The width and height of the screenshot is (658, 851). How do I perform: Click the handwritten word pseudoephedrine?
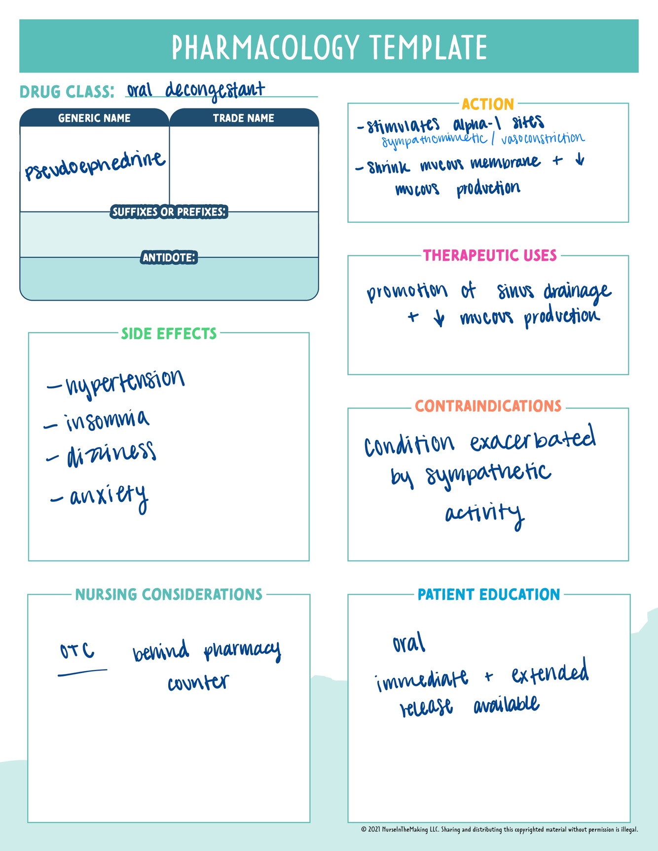pos(95,166)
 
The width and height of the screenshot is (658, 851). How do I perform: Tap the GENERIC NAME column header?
pos(94,118)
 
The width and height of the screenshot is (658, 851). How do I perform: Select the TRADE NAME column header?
pos(244,118)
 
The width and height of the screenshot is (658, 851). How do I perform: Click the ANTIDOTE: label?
pos(169,257)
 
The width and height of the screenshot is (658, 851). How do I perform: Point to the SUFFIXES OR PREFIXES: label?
pos(169,212)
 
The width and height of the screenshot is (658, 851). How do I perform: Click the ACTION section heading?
pos(488,104)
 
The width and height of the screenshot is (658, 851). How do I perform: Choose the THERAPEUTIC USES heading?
pos(490,255)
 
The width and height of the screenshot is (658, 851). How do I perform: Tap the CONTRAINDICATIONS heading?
pos(488,406)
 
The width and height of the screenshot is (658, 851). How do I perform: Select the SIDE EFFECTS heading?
pos(169,334)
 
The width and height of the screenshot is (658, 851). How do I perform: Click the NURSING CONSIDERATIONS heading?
pos(169,594)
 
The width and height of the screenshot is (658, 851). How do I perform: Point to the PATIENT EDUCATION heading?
pos(489,595)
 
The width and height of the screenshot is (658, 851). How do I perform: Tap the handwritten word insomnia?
pos(107,420)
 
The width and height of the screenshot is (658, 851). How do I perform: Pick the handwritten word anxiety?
pos(109,496)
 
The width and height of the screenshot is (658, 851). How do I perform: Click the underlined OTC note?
pos(77,651)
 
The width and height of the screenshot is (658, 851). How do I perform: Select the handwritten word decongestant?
pos(215,90)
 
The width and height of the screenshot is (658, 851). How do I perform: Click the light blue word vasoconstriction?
pos(543,139)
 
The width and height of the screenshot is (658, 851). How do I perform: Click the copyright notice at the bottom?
pos(499,829)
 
